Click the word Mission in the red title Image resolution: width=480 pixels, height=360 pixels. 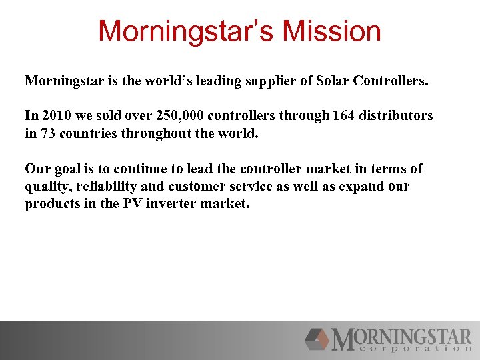[x=331, y=31]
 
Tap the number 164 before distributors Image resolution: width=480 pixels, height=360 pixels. [x=345, y=115]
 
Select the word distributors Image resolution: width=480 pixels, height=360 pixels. [x=398, y=115]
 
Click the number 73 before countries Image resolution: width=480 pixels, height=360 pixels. [x=48, y=133]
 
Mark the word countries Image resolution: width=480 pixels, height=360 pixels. [x=89, y=133]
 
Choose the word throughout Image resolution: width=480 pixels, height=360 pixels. [x=155, y=133]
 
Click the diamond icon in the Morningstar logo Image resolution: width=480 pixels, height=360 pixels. [x=317, y=339]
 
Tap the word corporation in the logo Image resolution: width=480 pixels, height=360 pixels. [x=411, y=348]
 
